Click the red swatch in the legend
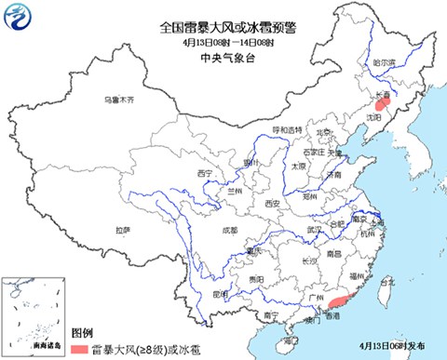(x=82, y=347)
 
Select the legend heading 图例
(x=82, y=331)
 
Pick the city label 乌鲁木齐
(x=118, y=100)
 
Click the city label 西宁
(x=205, y=174)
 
